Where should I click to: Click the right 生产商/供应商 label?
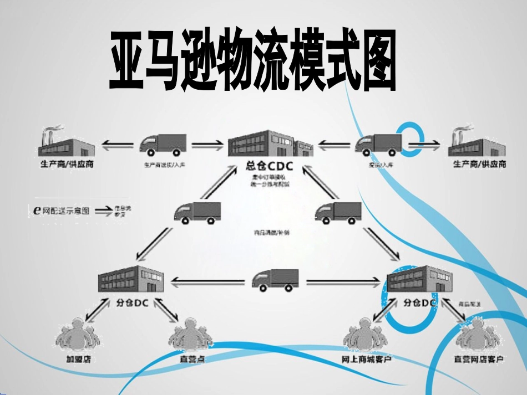point(479,165)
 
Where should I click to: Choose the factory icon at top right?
point(478,144)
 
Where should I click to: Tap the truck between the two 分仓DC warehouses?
point(275,280)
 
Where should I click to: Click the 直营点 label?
point(192,359)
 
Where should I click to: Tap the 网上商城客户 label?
point(367,360)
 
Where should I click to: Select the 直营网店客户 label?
point(479,360)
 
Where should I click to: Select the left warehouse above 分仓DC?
point(130,279)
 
